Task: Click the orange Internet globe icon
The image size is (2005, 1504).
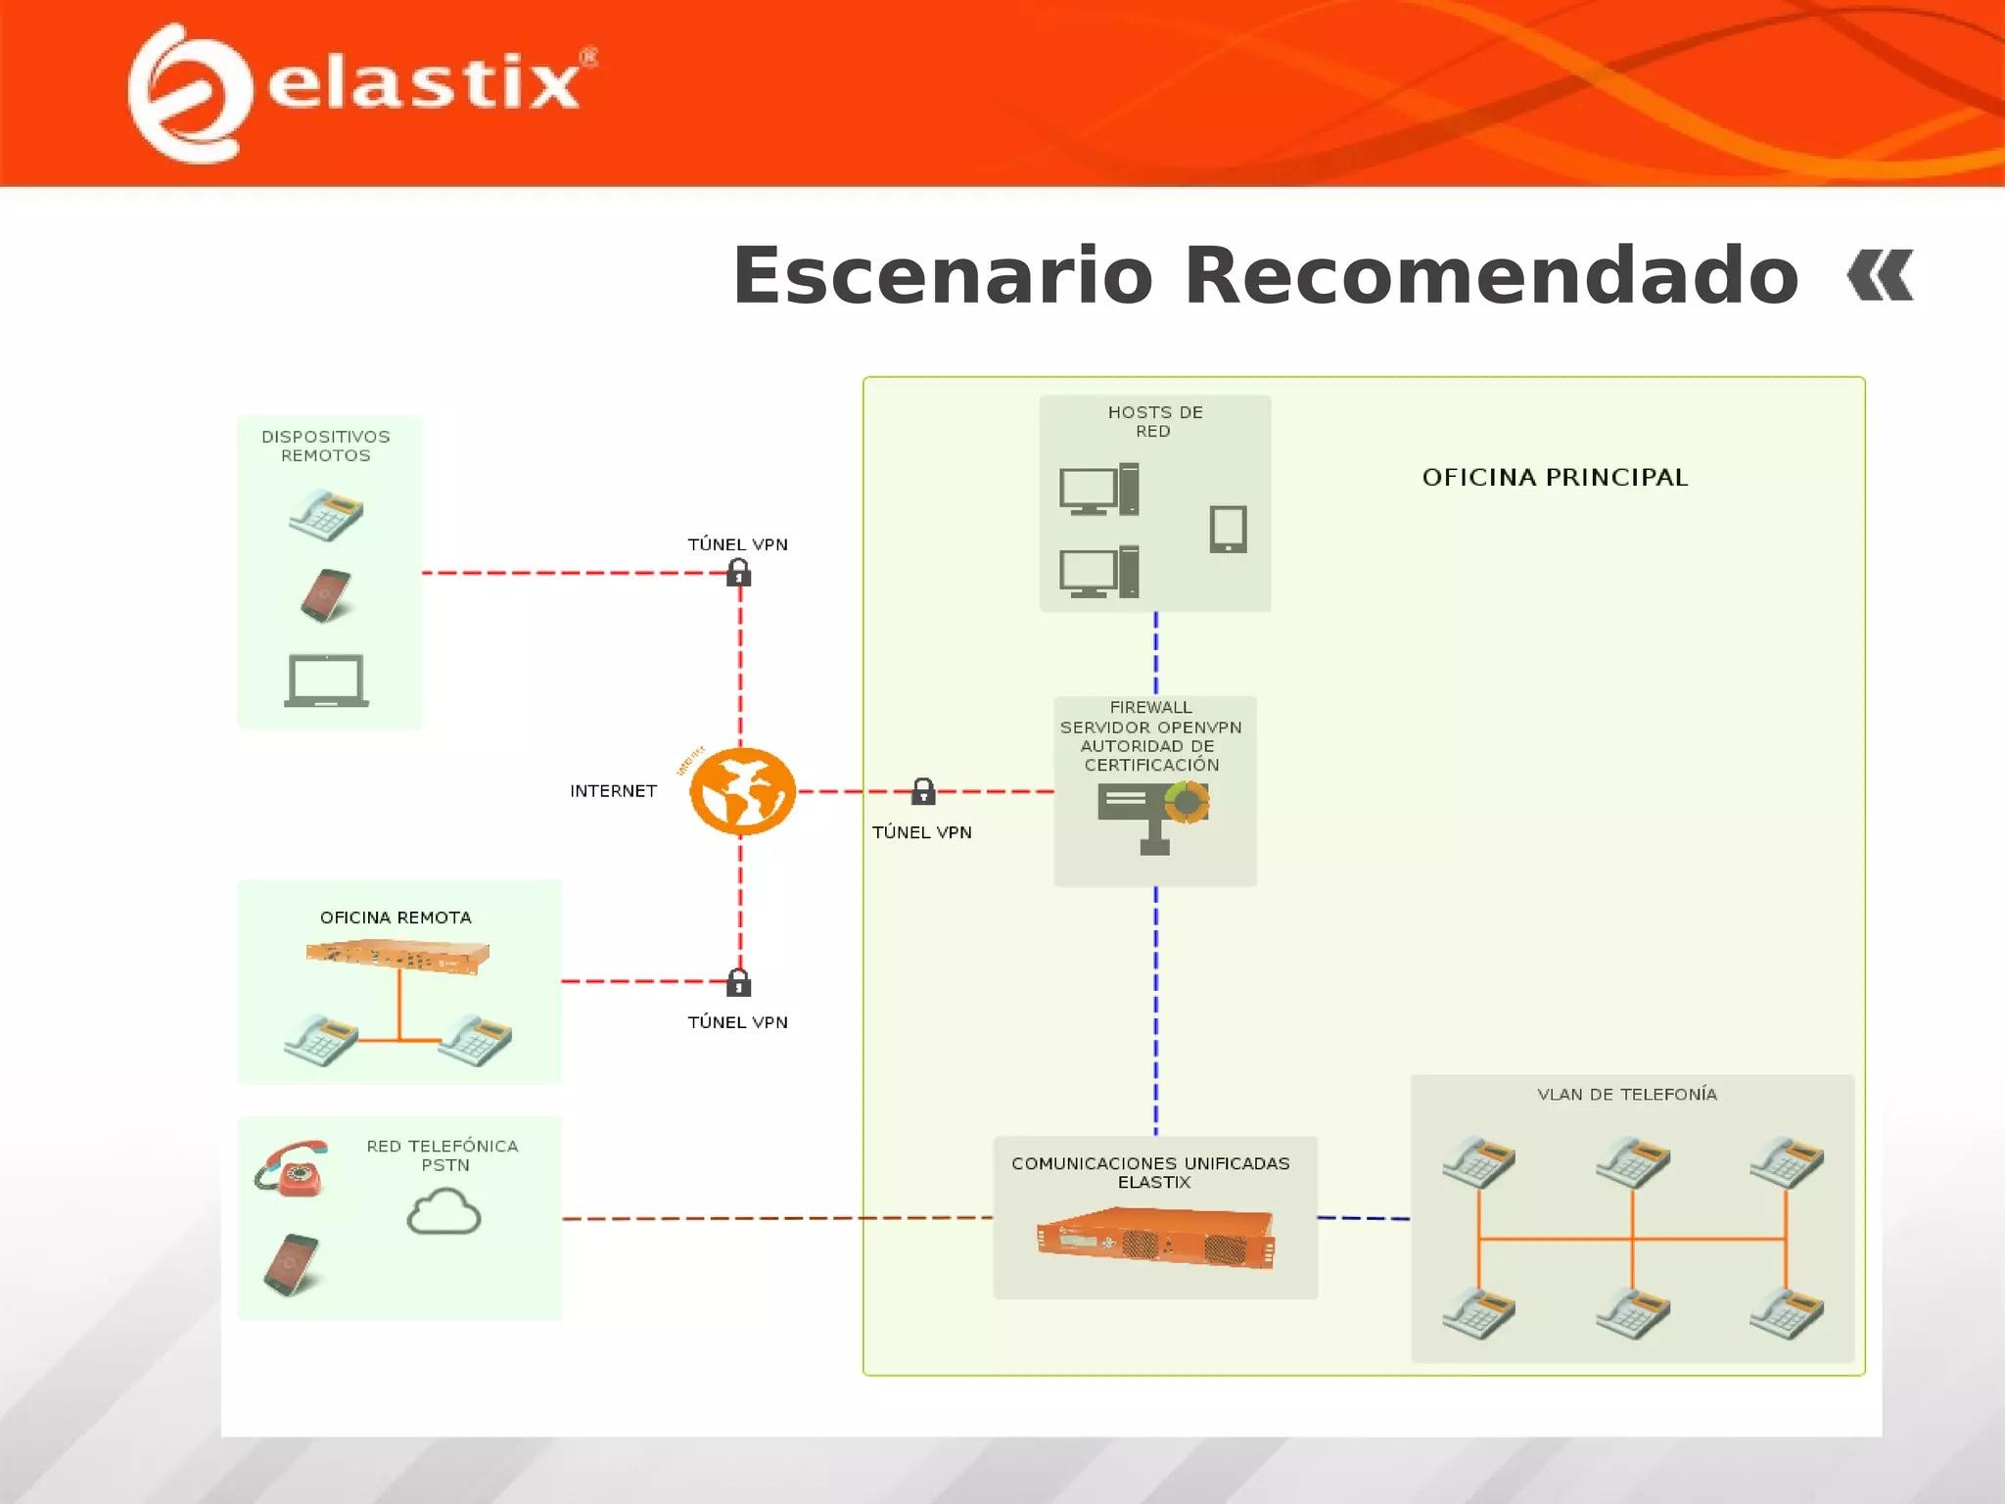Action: pos(742,790)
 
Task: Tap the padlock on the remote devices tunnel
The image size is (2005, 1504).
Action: pos(739,573)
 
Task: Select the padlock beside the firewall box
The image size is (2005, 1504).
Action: pos(923,791)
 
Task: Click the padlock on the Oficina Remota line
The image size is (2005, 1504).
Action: pos(739,982)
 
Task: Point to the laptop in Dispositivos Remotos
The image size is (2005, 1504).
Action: pos(327,680)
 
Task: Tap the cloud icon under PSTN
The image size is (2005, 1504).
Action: pos(443,1212)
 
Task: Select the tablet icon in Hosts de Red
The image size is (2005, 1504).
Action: pos(1228,529)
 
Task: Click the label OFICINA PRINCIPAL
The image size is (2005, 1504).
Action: pos(1555,478)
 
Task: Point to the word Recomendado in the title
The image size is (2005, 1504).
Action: pos(1491,276)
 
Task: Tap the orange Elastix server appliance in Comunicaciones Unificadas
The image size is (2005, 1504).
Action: pos(1155,1239)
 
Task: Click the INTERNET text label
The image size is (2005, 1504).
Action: pos(613,791)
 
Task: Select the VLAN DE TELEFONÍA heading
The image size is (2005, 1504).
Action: pos(1626,1095)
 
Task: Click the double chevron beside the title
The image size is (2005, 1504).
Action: pos(1880,276)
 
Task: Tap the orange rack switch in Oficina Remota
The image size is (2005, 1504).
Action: pos(397,955)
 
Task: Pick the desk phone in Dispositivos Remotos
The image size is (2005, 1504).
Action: pos(326,514)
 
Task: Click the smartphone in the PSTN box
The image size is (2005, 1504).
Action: pos(292,1263)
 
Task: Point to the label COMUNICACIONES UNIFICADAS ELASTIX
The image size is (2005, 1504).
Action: pos(1151,1172)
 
